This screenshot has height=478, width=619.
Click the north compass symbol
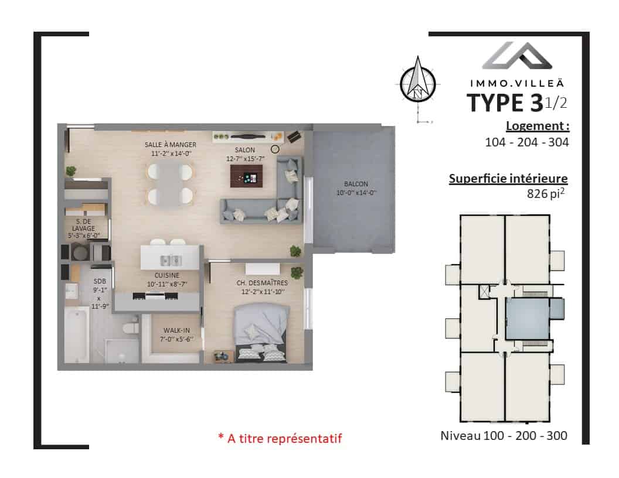pos(418,83)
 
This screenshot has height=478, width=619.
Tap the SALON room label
pos(245,150)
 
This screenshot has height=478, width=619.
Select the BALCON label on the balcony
pos(356,184)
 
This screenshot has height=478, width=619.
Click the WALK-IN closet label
pos(176,330)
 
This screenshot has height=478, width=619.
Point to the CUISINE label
pos(167,275)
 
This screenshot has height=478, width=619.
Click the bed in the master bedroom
pos(261,333)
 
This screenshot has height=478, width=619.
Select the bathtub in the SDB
pos(77,334)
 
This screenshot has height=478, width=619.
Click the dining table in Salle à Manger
pos(170,184)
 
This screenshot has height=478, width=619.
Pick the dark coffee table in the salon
pos(246,176)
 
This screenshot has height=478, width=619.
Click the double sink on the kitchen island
pos(171,260)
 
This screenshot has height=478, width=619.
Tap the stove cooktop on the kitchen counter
pos(155,296)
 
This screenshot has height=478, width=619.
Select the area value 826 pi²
pos(546,193)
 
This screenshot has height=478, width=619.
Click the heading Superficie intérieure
pos(508,178)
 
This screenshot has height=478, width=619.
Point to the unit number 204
pos(527,142)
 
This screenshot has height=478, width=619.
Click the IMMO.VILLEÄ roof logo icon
pos(517,55)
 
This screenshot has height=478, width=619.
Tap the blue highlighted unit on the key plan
pos(528,319)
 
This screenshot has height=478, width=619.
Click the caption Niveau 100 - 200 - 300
pos(504,435)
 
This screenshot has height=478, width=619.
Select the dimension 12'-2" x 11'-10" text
pos(263,292)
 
